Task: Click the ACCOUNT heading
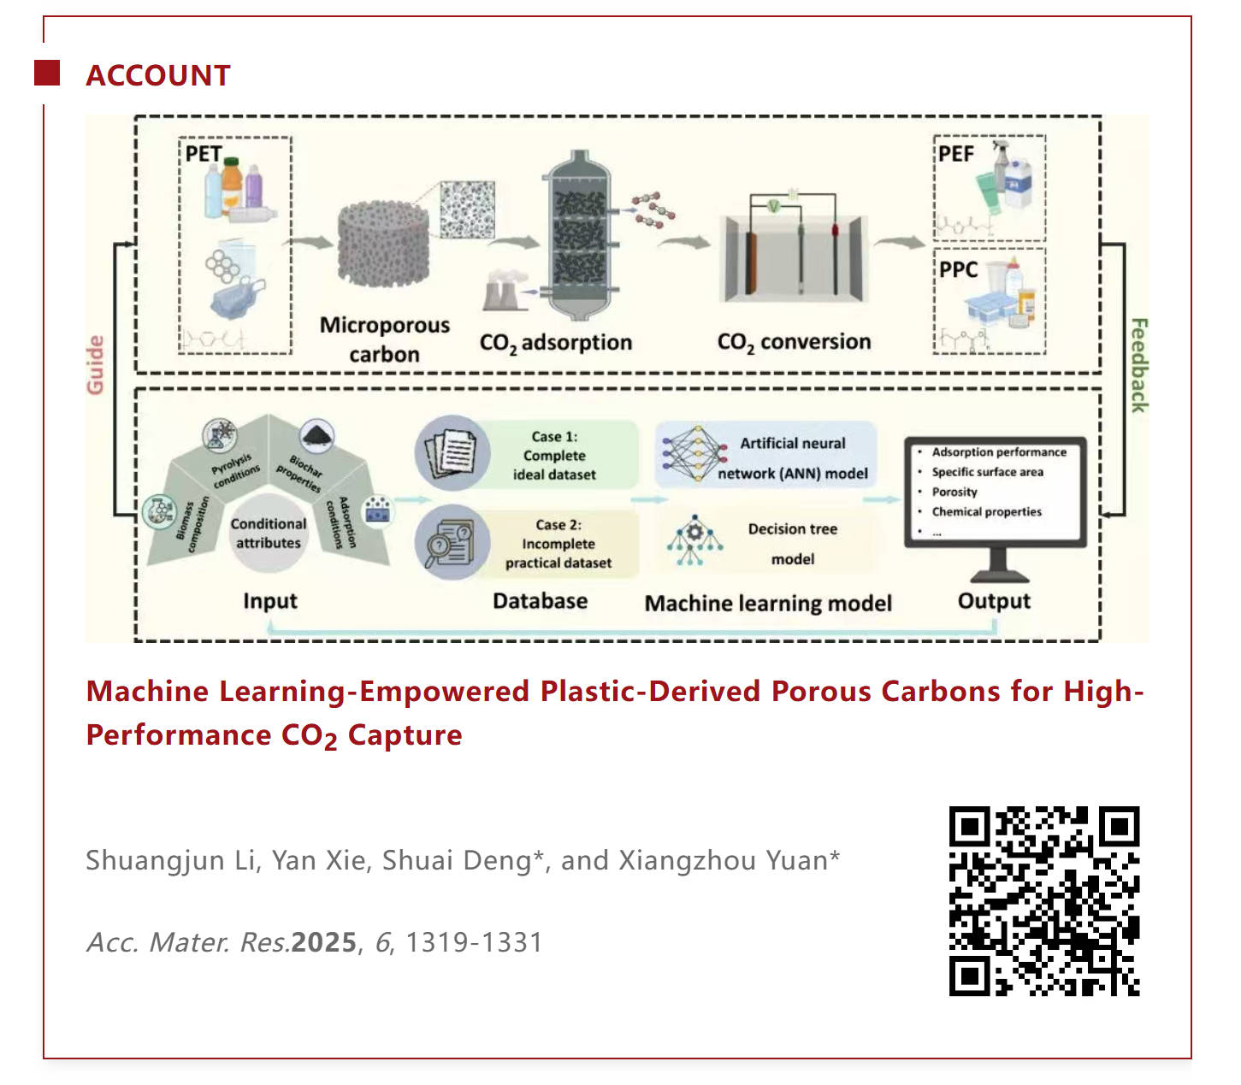(158, 75)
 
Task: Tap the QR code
(1043, 901)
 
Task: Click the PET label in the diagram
(204, 154)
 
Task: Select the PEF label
(956, 154)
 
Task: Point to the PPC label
(958, 269)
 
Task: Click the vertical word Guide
(95, 365)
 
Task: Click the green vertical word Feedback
(1138, 365)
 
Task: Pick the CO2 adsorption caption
(556, 344)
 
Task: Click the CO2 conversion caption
(794, 343)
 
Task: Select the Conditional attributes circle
(269, 534)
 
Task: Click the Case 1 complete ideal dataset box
(553, 455)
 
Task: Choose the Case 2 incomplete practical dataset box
(558, 544)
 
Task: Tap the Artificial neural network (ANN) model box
(792, 457)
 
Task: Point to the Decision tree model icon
(694, 540)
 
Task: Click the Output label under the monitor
(994, 601)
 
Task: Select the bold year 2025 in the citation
(324, 942)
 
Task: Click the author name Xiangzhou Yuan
(724, 860)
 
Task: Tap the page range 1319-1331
(474, 942)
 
